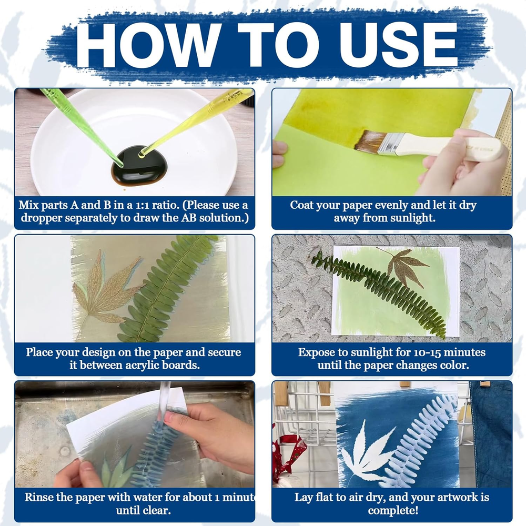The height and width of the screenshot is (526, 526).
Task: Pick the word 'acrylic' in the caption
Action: point(142,366)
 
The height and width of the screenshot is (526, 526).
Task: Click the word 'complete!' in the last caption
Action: point(393,511)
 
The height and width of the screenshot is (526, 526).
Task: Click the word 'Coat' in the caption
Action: point(301,205)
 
